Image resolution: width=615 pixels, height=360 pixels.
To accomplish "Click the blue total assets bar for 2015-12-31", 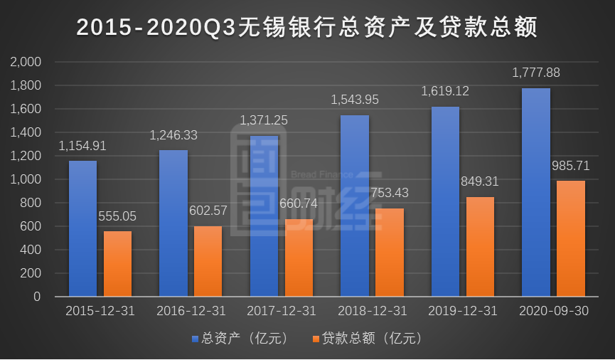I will (x=82, y=228).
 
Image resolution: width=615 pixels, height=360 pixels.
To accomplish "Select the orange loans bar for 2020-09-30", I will (x=571, y=238).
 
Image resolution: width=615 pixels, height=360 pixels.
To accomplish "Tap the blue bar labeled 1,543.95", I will (x=355, y=206).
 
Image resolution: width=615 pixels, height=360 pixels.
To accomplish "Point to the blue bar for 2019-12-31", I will (x=445, y=201).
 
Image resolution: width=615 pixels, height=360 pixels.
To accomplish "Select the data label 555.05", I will (x=117, y=216).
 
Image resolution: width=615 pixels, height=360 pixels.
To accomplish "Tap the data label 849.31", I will (x=480, y=181).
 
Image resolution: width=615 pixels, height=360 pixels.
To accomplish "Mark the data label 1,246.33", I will (x=173, y=134).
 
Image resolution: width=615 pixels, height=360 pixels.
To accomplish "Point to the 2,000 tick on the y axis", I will (x=27, y=63).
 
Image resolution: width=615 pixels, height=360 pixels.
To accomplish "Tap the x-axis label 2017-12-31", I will (x=281, y=312).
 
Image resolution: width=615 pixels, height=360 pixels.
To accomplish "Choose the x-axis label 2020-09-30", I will (x=553, y=312).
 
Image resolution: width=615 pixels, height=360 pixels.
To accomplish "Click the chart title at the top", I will (x=307, y=27).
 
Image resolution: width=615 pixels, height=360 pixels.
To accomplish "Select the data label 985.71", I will (x=571, y=166).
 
